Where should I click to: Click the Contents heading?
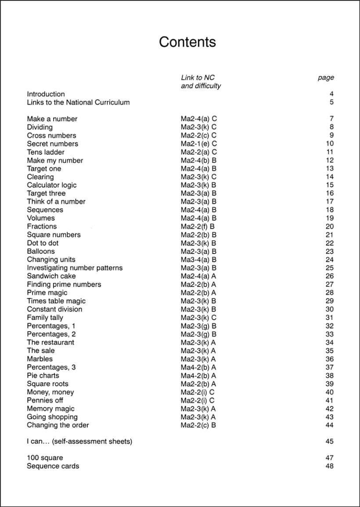tap(187, 42)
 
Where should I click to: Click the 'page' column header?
tap(326, 78)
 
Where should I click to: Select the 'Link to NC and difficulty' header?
tap(201, 82)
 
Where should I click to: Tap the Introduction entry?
tap(46, 94)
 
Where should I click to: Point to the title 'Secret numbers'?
tap(52, 144)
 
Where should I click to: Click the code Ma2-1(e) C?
tap(199, 144)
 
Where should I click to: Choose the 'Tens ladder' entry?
tap(46, 152)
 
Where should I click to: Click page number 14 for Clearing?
tap(330, 177)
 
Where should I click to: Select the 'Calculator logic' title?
tap(51, 185)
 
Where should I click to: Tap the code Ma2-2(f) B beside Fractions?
tap(198, 227)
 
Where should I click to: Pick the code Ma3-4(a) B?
tap(199, 260)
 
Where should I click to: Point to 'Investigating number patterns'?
tap(75, 268)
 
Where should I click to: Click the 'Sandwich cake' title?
tap(51, 276)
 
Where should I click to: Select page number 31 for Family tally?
tap(330, 318)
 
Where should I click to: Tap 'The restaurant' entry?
tap(50, 342)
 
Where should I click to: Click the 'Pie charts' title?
tap(43, 376)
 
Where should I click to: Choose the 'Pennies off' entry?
tap(45, 400)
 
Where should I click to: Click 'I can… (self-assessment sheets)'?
tap(79, 442)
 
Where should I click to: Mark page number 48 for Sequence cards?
tap(330, 466)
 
